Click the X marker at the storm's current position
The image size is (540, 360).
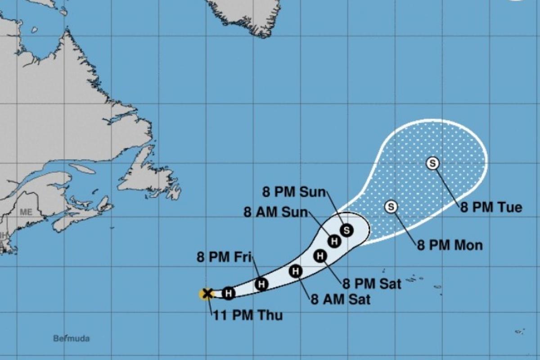207,294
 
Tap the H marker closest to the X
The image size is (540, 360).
229,293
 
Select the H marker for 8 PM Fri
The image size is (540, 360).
261,284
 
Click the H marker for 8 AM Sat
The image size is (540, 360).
295,271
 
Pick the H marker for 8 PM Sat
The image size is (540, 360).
320,256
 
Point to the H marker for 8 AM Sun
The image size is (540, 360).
334,241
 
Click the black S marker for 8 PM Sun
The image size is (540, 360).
346,230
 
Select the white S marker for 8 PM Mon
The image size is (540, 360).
391,207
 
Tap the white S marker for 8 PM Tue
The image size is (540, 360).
432,163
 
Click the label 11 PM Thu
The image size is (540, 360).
248,315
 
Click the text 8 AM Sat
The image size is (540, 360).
340,299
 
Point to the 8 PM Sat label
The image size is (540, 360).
372,283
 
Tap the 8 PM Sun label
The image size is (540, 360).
293,193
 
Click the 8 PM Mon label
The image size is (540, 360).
450,245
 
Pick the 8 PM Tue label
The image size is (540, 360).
491,207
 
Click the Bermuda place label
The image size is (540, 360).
71,338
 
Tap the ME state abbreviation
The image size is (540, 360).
26,212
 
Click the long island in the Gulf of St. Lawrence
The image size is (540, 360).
82,169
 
